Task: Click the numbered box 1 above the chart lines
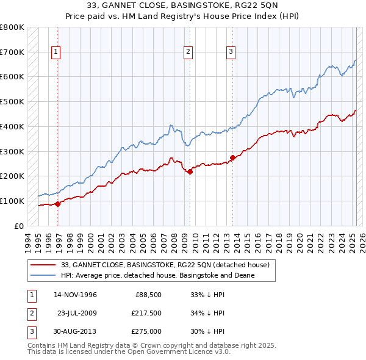56,52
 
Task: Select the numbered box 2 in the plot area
188,52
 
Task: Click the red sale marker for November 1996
58,204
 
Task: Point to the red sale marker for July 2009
190,171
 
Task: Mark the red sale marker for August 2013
232,157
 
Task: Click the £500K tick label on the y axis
12,102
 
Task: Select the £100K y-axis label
12,201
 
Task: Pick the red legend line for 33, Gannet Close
43,265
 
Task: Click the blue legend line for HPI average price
43,275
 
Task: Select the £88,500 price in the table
146,295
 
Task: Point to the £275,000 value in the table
145,331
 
